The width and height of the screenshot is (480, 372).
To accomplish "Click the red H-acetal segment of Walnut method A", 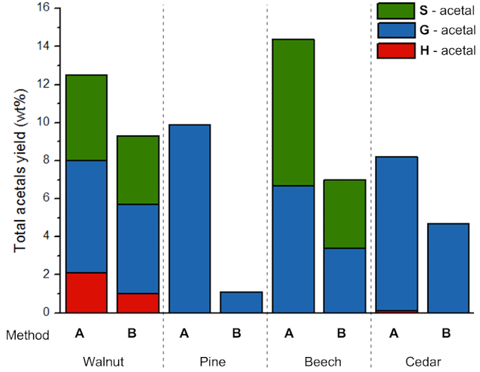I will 86,293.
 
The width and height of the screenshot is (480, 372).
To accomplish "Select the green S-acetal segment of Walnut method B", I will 138,170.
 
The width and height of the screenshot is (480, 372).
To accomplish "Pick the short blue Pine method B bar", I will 241,302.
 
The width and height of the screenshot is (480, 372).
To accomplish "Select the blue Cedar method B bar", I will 448,268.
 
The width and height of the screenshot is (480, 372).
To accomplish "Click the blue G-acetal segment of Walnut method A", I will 86,216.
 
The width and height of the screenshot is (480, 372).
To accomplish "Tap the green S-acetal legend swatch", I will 396,10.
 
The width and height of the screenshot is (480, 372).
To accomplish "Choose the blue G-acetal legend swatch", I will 396,30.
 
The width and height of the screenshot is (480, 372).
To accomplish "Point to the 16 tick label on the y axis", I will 43,8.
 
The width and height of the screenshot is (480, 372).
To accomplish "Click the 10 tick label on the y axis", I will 43,123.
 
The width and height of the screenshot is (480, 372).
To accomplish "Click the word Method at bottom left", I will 27,335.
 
